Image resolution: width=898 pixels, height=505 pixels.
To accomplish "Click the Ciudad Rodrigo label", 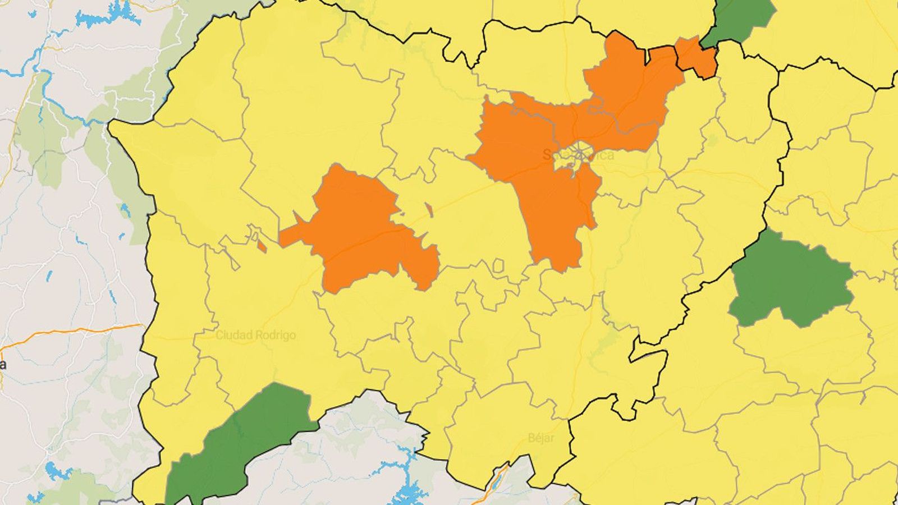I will click(256, 335).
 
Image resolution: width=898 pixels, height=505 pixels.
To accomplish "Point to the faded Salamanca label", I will click(578, 155).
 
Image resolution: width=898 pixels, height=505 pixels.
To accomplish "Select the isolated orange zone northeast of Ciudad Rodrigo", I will click(359, 230).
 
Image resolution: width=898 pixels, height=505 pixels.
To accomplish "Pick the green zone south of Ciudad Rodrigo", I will click(241, 438).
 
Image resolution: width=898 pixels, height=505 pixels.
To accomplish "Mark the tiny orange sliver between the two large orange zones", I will click(429, 210).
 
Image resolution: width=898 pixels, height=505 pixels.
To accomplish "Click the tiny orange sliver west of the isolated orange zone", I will click(261, 245).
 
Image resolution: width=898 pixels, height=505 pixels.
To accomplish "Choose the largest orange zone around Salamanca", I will click(539, 168).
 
